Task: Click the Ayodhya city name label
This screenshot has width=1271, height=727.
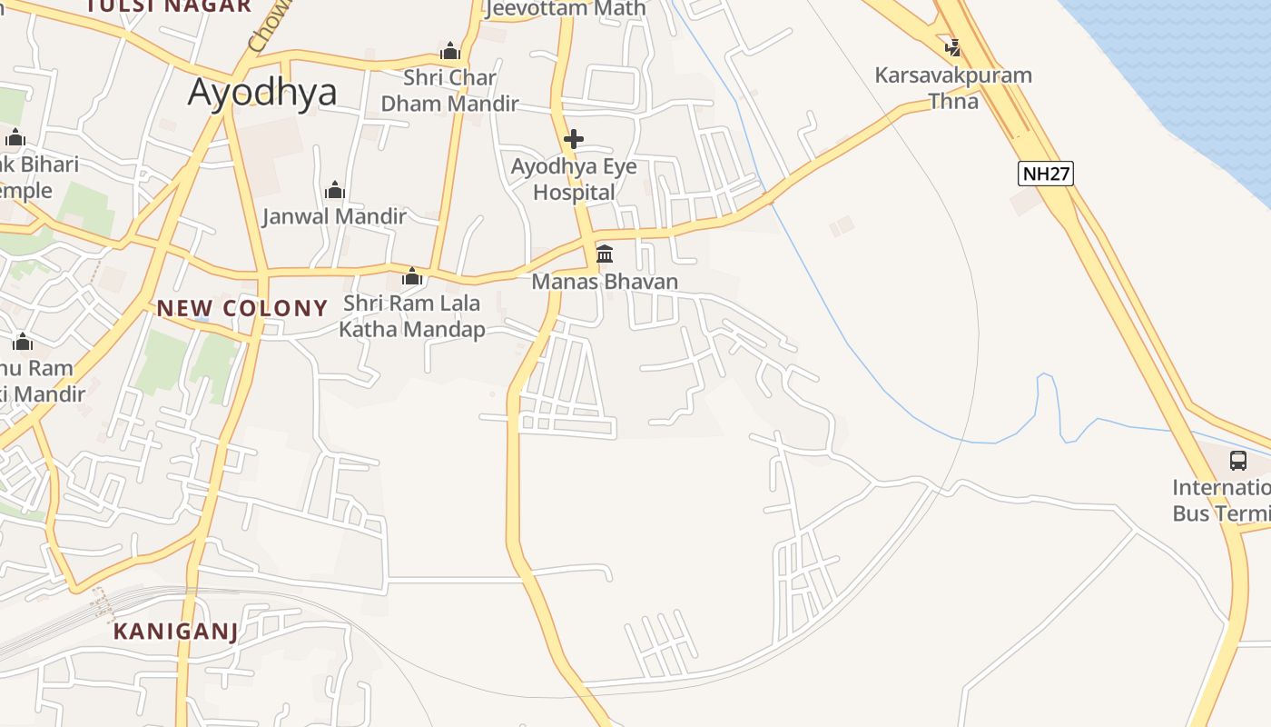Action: click(x=262, y=93)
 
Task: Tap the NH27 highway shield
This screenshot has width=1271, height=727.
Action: click(x=1046, y=174)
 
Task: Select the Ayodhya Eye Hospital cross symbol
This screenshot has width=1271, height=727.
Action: click(x=573, y=139)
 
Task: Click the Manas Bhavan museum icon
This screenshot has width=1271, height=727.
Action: click(x=605, y=254)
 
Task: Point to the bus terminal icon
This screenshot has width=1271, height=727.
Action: click(x=1238, y=460)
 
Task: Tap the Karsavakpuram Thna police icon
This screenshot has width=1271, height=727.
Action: click(x=952, y=46)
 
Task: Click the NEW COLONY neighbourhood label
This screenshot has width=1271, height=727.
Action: click(x=241, y=308)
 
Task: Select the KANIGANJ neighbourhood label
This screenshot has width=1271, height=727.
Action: click(x=175, y=631)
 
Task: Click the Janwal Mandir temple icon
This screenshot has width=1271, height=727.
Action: click(x=335, y=190)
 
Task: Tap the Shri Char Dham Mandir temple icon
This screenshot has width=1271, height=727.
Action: click(x=449, y=51)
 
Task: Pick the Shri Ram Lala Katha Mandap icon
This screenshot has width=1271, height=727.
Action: click(x=412, y=276)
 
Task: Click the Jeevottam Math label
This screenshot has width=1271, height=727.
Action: click(x=567, y=9)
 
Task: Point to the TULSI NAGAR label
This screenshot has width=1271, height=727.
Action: click(x=169, y=6)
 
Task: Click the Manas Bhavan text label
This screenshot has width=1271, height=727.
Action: click(x=605, y=282)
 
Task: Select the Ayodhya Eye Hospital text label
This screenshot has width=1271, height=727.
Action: click(x=574, y=179)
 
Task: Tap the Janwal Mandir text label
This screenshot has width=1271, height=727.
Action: click(x=335, y=216)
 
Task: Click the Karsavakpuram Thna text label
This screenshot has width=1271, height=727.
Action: click(x=953, y=87)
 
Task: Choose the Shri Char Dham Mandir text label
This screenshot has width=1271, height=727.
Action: click(x=449, y=91)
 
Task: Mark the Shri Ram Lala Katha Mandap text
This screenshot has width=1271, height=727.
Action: click(x=412, y=316)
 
